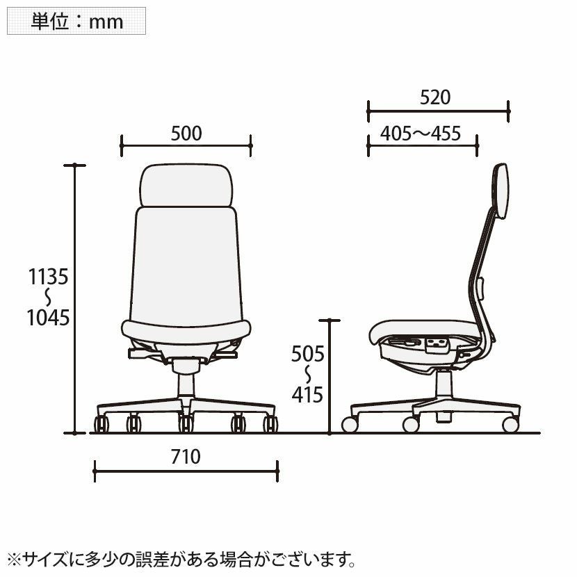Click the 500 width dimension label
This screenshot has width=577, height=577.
[x=186, y=133]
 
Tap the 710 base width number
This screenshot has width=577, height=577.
[x=186, y=457]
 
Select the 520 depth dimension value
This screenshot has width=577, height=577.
[x=435, y=97]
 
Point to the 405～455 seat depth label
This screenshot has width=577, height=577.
[x=421, y=133]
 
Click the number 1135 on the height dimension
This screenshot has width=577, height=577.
[x=48, y=277]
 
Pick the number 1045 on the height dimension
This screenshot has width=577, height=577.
[x=48, y=318]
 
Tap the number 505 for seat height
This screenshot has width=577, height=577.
[x=308, y=354]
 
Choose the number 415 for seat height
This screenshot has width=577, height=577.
[x=307, y=395]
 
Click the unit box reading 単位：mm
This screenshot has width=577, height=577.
[x=76, y=21]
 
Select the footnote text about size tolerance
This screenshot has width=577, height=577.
[x=182, y=560]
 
